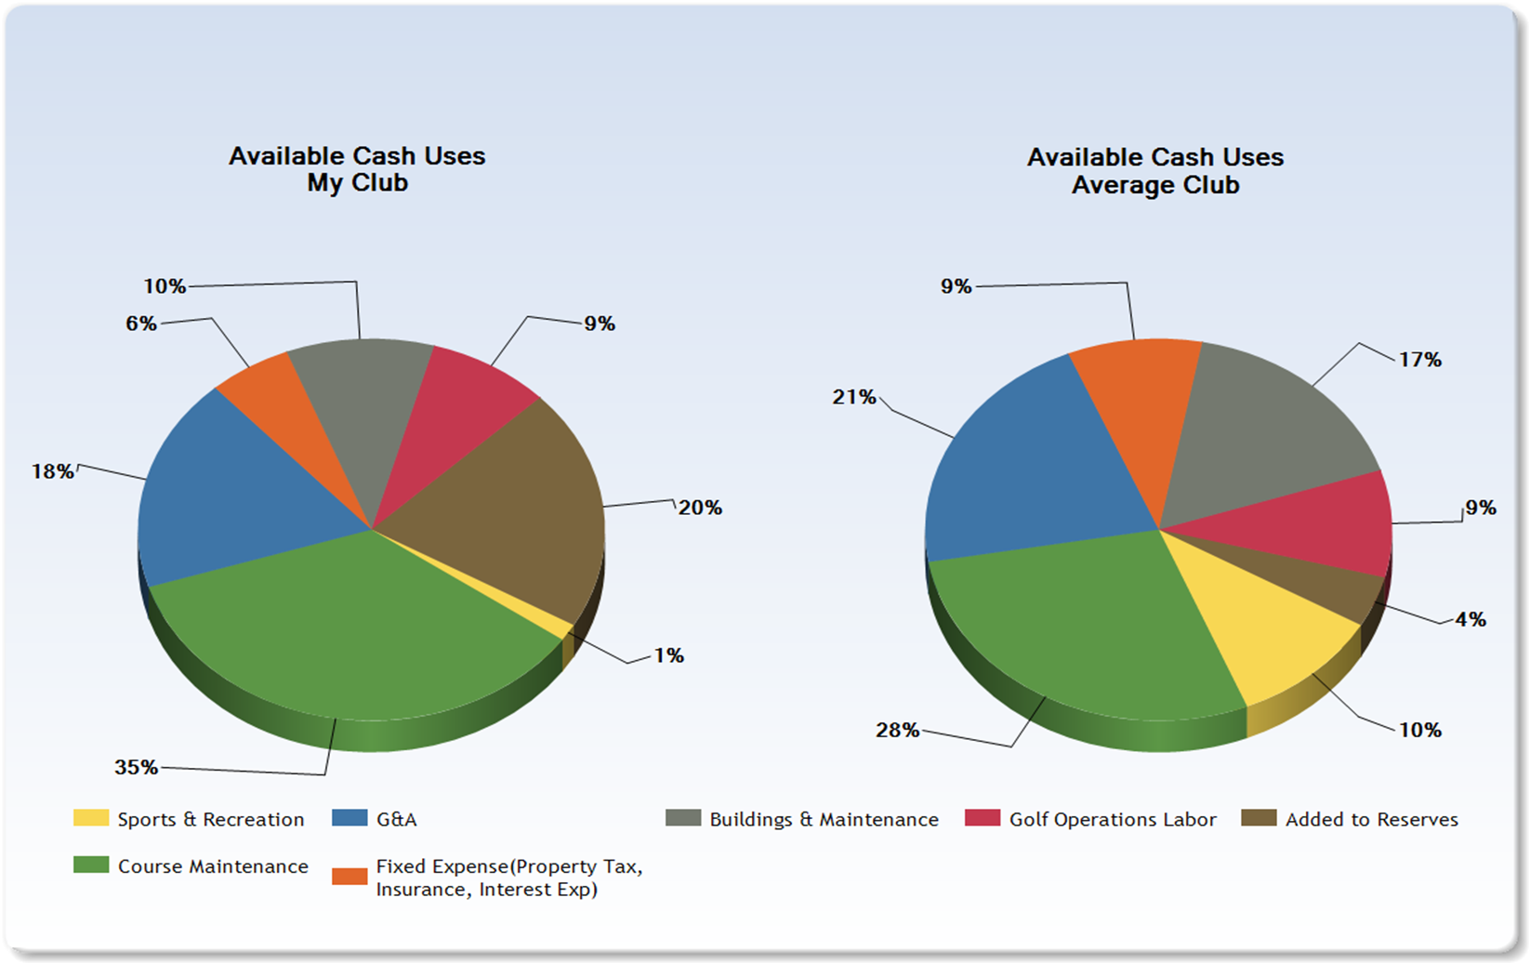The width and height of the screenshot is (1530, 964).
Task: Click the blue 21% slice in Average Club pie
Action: click(x=1022, y=465)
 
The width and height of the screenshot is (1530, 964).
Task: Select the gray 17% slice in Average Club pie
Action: click(x=1273, y=428)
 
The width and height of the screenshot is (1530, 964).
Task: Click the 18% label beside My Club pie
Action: click(x=53, y=472)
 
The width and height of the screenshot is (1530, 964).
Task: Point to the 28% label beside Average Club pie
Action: click(x=897, y=731)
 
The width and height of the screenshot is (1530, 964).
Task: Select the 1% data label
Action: click(x=668, y=656)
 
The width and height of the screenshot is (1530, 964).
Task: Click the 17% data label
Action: click(x=1420, y=360)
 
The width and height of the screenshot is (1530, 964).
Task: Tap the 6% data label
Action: click(x=141, y=324)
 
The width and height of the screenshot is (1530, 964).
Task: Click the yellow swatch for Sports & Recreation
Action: click(x=91, y=818)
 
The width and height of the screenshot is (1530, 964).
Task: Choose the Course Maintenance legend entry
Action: click(x=212, y=866)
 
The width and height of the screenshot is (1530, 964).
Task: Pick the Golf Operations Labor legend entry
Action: click(x=1112, y=820)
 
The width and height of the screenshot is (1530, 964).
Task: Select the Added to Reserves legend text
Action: click(x=1371, y=820)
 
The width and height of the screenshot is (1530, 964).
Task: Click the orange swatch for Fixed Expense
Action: click(x=350, y=877)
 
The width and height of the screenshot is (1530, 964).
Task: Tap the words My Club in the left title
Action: click(x=357, y=183)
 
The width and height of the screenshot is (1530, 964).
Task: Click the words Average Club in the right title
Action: click(x=1154, y=185)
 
